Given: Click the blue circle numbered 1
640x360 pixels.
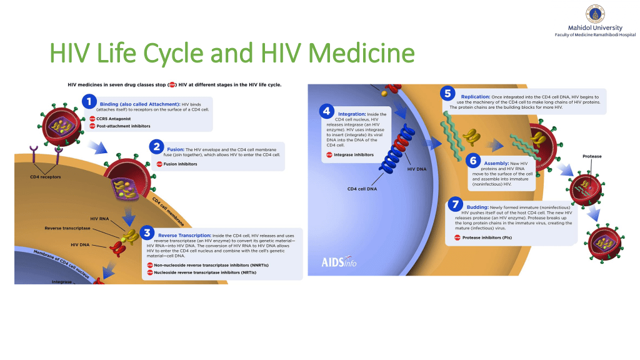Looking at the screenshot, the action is pyautogui.click(x=89, y=101).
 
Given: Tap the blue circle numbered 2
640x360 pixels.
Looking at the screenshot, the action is pyautogui.click(x=156, y=146).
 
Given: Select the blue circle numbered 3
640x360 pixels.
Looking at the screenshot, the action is pyautogui.click(x=147, y=233).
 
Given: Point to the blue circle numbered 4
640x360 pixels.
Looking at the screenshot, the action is pyautogui.click(x=326, y=111).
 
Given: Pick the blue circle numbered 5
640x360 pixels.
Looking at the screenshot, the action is pyautogui.click(x=447, y=94).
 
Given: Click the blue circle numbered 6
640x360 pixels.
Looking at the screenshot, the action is pyautogui.click(x=473, y=161).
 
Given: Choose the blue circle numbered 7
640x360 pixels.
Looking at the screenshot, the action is pyautogui.click(x=455, y=204).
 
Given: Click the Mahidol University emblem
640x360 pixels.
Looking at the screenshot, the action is pyautogui.click(x=595, y=14).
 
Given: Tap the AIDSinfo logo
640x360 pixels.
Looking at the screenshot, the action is pyautogui.click(x=339, y=262).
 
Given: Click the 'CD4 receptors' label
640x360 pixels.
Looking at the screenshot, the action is pyautogui.click(x=45, y=177).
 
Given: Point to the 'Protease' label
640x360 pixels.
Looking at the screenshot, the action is pyautogui.click(x=592, y=156).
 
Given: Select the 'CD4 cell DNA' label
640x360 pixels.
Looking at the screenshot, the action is pyautogui.click(x=362, y=189).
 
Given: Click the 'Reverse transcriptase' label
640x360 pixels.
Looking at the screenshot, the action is pyautogui.click(x=67, y=228).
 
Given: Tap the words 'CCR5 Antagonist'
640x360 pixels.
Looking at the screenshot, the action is pyautogui.click(x=114, y=119).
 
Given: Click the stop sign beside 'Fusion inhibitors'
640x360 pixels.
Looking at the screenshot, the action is pyautogui.click(x=159, y=164).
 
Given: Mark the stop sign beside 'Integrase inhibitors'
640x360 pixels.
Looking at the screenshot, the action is pyautogui.click(x=329, y=155).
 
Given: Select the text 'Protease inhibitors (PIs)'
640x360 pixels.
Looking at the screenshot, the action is pyautogui.click(x=487, y=237).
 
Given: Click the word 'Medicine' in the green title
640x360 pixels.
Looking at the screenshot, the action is pyautogui.click(x=362, y=53).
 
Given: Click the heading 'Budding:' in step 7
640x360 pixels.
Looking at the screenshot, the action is pyautogui.click(x=477, y=207).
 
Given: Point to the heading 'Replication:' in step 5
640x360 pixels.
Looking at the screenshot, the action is pyautogui.click(x=476, y=97).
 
